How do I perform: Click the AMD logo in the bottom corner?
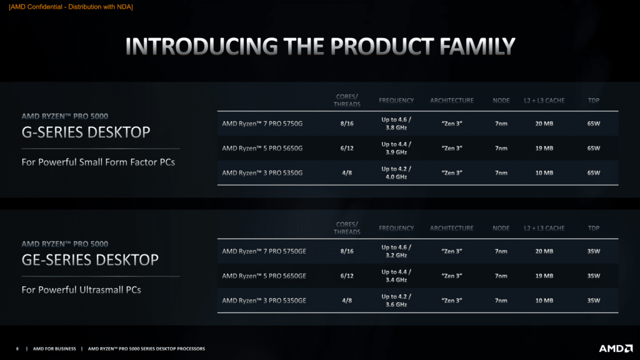[x=616, y=349]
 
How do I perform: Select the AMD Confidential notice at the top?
[x=71, y=7]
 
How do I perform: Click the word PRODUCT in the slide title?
[x=382, y=46]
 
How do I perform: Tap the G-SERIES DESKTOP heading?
[x=86, y=132]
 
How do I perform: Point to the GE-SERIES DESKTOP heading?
[x=90, y=260]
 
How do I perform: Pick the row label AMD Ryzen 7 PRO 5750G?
[x=262, y=124]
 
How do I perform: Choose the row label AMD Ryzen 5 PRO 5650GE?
[x=264, y=276]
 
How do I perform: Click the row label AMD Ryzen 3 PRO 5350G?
[x=262, y=173]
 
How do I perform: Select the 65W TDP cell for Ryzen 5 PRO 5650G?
[x=594, y=148]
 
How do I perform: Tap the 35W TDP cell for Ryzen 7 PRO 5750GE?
[x=594, y=251]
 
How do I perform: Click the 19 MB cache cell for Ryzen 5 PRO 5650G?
[x=544, y=148]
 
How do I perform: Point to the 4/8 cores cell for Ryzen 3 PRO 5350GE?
[x=347, y=301]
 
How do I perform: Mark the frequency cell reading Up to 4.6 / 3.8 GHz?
[x=396, y=124]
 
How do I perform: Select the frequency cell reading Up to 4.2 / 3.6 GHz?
[x=396, y=301]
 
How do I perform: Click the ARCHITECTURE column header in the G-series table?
[x=451, y=101]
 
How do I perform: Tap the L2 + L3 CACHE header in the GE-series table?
[x=544, y=228]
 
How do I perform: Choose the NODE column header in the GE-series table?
[x=501, y=228]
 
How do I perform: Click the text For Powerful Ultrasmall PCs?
[x=81, y=290]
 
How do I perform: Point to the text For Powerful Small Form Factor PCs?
[x=98, y=162]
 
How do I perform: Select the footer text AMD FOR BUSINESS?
[x=54, y=349]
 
